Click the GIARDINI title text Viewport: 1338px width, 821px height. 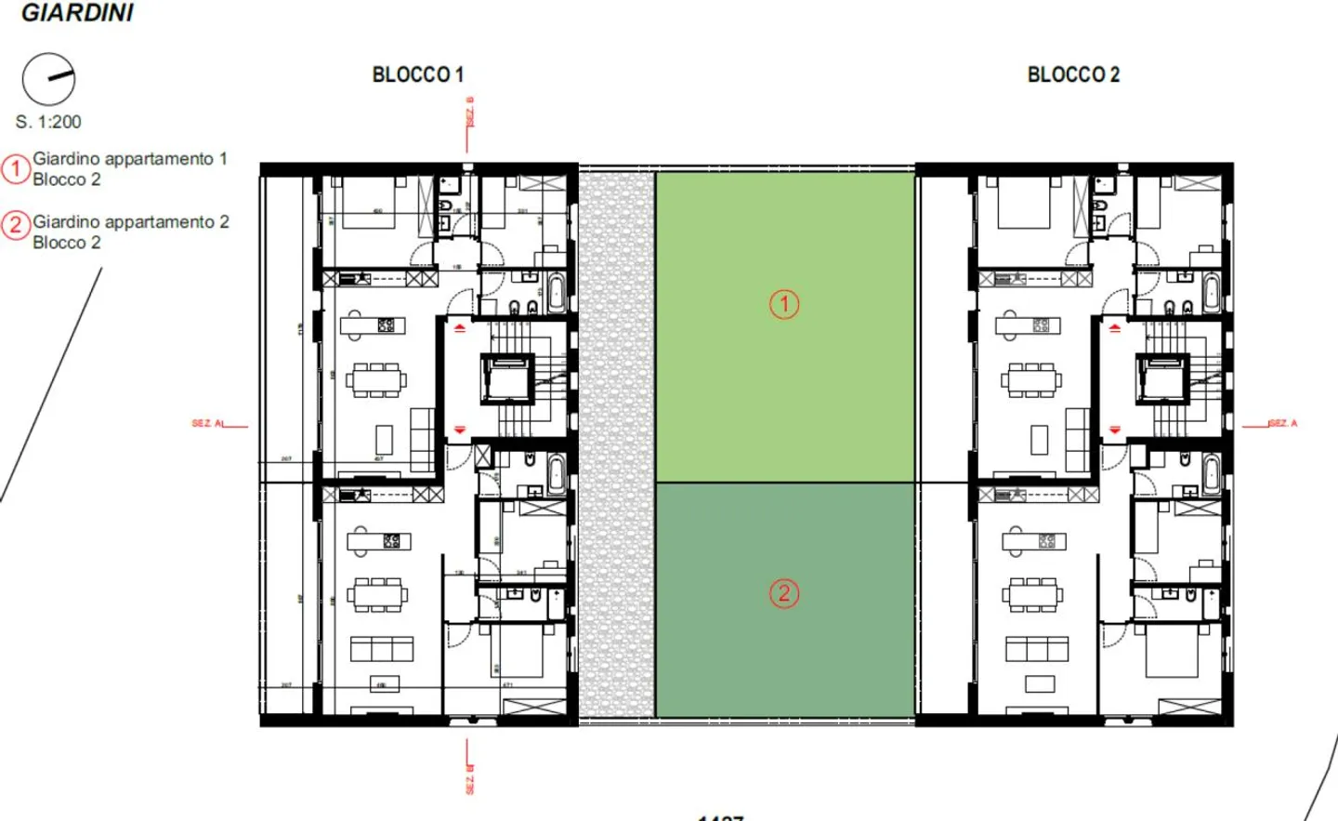click(x=77, y=13)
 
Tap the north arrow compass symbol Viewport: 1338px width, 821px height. click(x=48, y=79)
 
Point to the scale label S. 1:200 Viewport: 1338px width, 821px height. click(x=48, y=122)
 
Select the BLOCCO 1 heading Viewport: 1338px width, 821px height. click(x=417, y=74)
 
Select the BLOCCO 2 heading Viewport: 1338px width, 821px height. click(x=1073, y=74)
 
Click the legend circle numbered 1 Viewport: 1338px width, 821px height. click(x=16, y=169)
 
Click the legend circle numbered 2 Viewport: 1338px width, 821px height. click(x=16, y=225)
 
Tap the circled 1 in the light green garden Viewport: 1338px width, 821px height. click(x=784, y=304)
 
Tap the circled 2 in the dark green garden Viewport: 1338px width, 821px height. click(x=784, y=593)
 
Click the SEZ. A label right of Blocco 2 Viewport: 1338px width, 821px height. click(x=1282, y=423)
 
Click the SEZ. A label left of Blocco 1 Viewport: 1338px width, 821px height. click(x=207, y=423)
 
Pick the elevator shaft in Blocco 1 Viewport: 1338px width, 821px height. click(x=508, y=379)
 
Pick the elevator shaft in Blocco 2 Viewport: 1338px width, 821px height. click(x=1163, y=379)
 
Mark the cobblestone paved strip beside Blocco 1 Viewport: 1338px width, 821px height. click(x=616, y=444)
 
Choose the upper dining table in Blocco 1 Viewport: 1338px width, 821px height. click(x=376, y=379)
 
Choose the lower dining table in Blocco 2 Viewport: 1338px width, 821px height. click(x=1031, y=594)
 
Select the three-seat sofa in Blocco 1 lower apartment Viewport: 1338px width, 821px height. click(x=381, y=648)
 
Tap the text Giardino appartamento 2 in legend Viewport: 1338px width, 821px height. click(x=131, y=222)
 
